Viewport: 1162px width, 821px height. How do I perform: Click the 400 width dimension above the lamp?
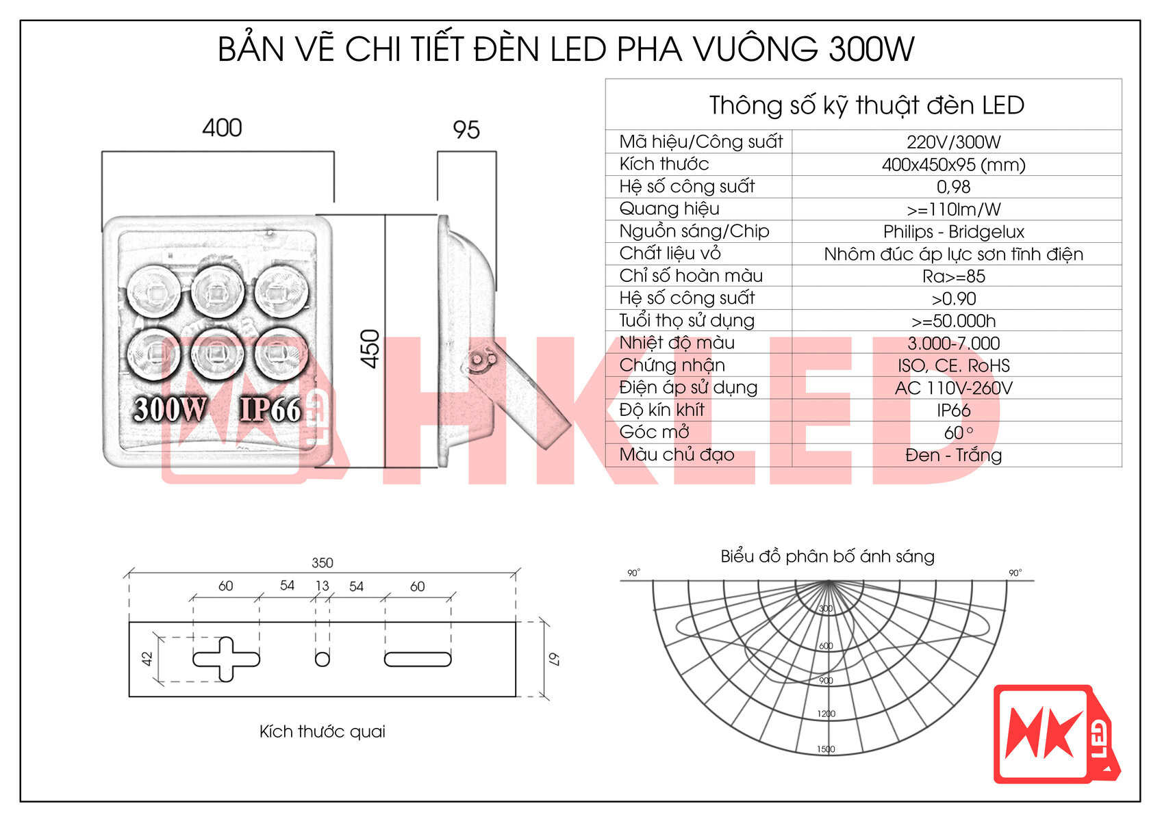pos(222,128)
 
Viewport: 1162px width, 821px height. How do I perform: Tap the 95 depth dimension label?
pos(466,130)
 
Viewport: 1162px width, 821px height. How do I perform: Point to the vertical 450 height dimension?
pos(370,349)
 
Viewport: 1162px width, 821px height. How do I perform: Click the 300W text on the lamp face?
pos(169,409)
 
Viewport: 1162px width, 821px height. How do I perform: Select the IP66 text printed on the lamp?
pos(270,409)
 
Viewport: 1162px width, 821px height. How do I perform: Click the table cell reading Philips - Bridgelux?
pos(953,232)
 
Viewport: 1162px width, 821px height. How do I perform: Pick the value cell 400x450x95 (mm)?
pos(953,165)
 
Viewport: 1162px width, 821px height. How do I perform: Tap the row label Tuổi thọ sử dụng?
pos(687,321)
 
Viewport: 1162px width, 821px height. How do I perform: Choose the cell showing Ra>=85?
pos(953,276)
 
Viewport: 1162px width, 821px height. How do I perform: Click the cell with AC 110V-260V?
pos(953,388)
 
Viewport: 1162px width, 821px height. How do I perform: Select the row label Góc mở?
pos(654,432)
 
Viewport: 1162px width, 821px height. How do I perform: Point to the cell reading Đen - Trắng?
pos(953,455)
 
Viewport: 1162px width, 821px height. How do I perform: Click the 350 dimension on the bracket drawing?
pos(322,563)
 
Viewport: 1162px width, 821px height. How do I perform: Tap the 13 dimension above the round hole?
pos(322,586)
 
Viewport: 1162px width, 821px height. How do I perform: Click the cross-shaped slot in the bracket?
pos(226,659)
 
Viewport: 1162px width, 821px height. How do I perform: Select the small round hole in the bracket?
pos(322,659)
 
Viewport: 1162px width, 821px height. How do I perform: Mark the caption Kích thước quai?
pos(322,731)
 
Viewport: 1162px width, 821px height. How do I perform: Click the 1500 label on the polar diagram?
pos(826,749)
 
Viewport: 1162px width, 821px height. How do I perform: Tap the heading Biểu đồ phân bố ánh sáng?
pos(827,556)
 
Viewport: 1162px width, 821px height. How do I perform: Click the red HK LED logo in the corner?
pos(1055,734)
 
